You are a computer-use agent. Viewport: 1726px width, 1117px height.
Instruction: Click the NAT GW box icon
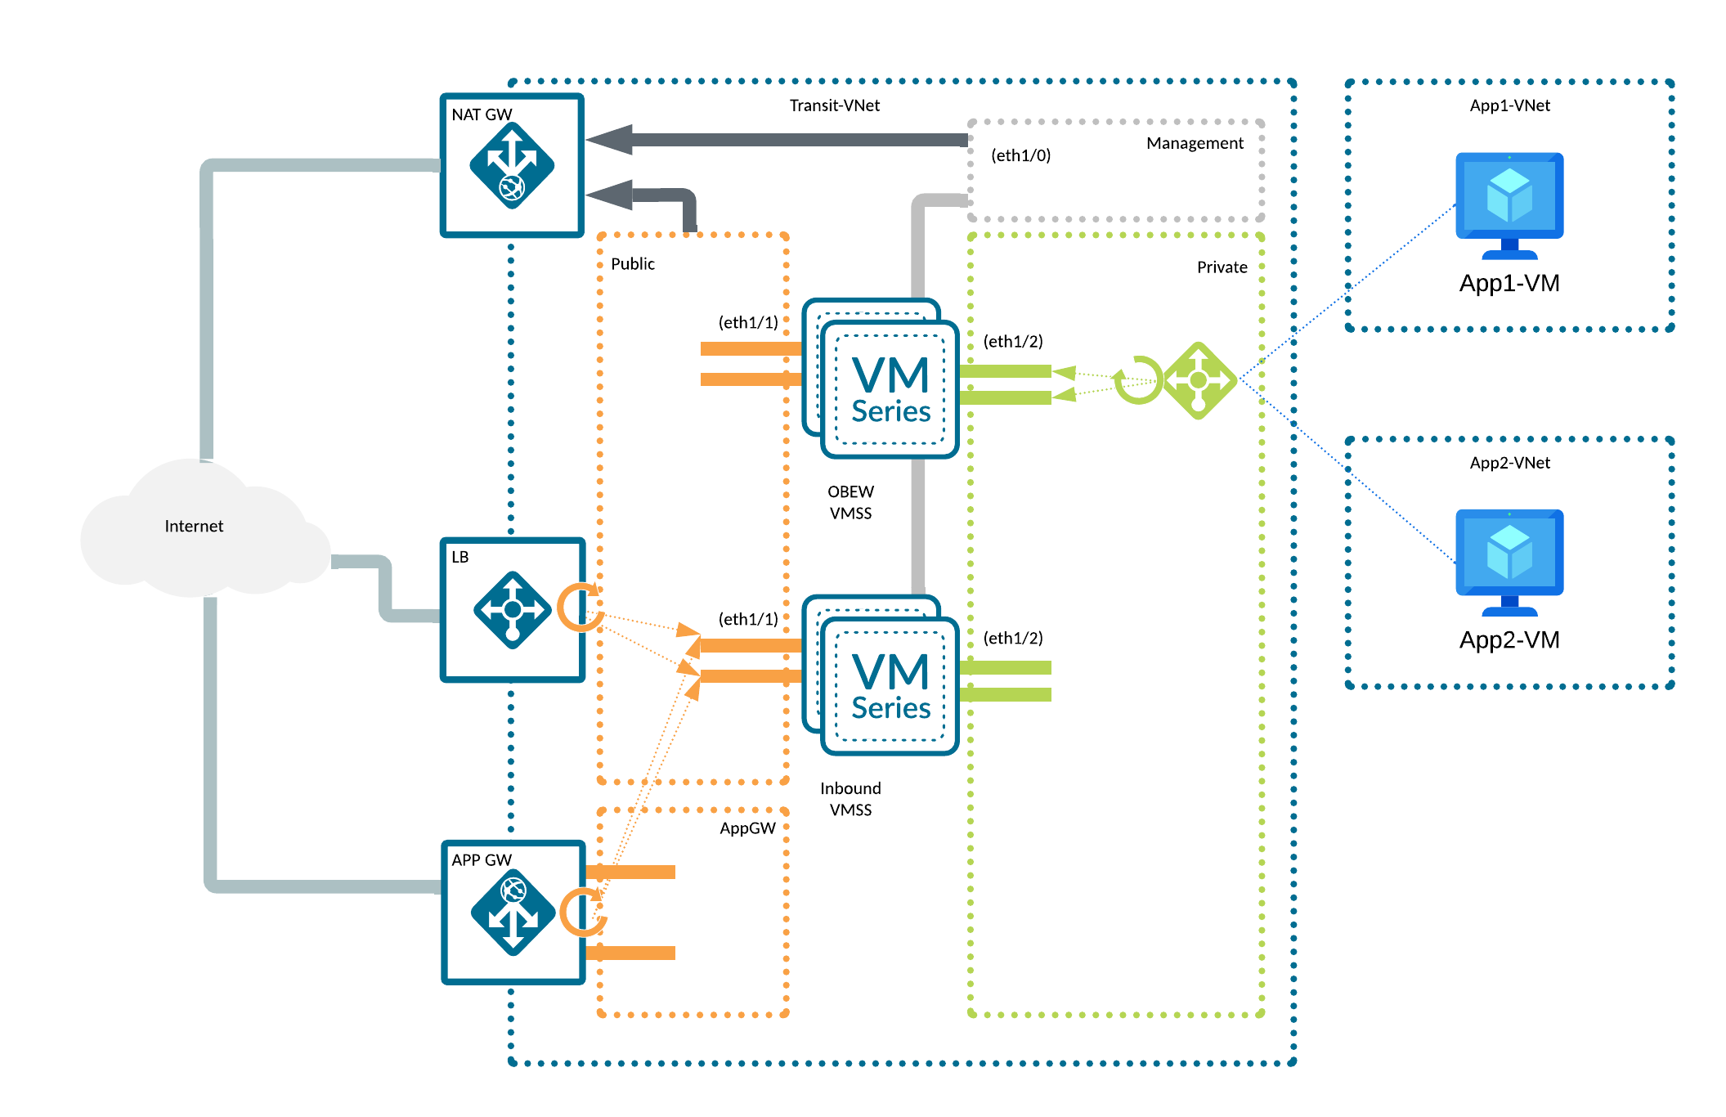pyautogui.click(x=512, y=165)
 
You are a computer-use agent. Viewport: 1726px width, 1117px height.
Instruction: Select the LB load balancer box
pyautogui.click(x=512, y=609)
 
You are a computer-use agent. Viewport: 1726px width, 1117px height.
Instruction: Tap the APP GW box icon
pyautogui.click(x=513, y=912)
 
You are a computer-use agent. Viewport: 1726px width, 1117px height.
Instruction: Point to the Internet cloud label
pyautogui.click(x=194, y=526)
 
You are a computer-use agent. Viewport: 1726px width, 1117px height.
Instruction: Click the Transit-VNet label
pyautogui.click(x=834, y=105)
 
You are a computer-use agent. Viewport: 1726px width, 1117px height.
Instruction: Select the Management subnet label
pyautogui.click(x=1195, y=143)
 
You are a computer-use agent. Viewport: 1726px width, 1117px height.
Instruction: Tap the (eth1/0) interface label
pyautogui.click(x=1020, y=155)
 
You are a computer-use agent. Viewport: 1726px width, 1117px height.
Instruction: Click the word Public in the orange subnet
pyautogui.click(x=633, y=264)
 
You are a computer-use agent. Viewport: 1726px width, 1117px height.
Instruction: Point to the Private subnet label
pyautogui.click(x=1222, y=267)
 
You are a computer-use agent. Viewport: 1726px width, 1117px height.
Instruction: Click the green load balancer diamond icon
pyautogui.click(x=1199, y=380)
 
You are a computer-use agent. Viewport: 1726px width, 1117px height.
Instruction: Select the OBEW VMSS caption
pyautogui.click(x=850, y=502)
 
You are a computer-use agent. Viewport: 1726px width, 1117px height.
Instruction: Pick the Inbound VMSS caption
pyautogui.click(x=850, y=799)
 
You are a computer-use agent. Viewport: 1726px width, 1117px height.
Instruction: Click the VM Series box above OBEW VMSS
pyautogui.click(x=889, y=388)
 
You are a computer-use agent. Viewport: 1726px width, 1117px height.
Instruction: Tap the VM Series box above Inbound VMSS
pyautogui.click(x=889, y=685)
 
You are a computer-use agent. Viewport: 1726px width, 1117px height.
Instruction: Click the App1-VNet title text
pyautogui.click(x=1509, y=105)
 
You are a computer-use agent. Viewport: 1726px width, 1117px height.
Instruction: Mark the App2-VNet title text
pyautogui.click(x=1509, y=463)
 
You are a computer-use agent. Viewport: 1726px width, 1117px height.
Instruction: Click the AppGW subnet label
pyautogui.click(x=747, y=828)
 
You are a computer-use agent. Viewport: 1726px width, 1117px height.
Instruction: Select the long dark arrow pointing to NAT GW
pyautogui.click(x=777, y=140)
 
